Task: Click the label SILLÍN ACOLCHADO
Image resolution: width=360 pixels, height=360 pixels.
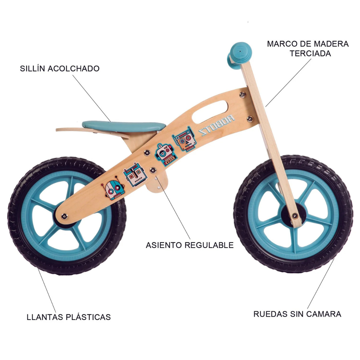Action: [60, 69]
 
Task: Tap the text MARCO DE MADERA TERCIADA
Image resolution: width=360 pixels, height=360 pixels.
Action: [308, 49]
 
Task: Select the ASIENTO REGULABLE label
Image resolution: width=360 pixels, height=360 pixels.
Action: [190, 245]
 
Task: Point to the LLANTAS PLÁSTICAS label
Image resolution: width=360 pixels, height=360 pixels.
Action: [69, 317]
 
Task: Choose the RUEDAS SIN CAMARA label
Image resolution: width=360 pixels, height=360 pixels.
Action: [297, 314]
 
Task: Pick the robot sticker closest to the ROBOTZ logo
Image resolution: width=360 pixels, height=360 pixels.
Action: [184, 139]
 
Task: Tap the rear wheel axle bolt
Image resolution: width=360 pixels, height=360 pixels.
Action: [64, 216]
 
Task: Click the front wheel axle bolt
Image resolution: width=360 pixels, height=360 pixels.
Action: [294, 216]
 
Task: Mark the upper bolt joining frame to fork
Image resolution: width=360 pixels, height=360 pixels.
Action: [243, 95]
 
